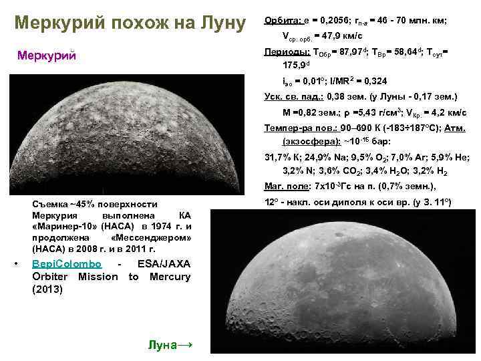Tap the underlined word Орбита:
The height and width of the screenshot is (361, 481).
click(283, 21)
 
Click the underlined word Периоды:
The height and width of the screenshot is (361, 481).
click(287, 51)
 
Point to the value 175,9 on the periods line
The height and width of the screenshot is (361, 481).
click(296, 66)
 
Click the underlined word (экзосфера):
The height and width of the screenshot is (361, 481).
click(311, 142)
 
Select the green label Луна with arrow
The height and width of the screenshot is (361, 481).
click(170, 344)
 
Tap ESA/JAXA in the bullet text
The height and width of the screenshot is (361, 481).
click(163, 264)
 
